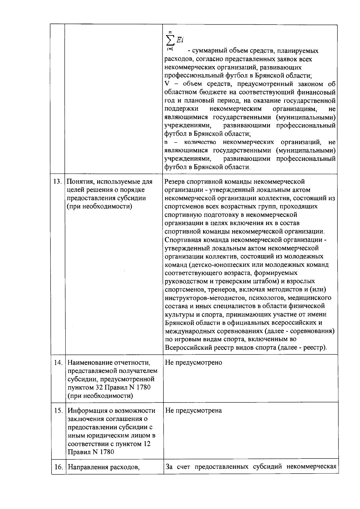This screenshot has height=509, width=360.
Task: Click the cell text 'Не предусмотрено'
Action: coord(193,362)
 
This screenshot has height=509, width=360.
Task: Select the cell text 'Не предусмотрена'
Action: coord(193,410)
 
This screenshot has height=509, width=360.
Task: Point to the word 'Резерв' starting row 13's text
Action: coord(175,182)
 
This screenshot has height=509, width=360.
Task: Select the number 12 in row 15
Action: coord(147,444)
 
